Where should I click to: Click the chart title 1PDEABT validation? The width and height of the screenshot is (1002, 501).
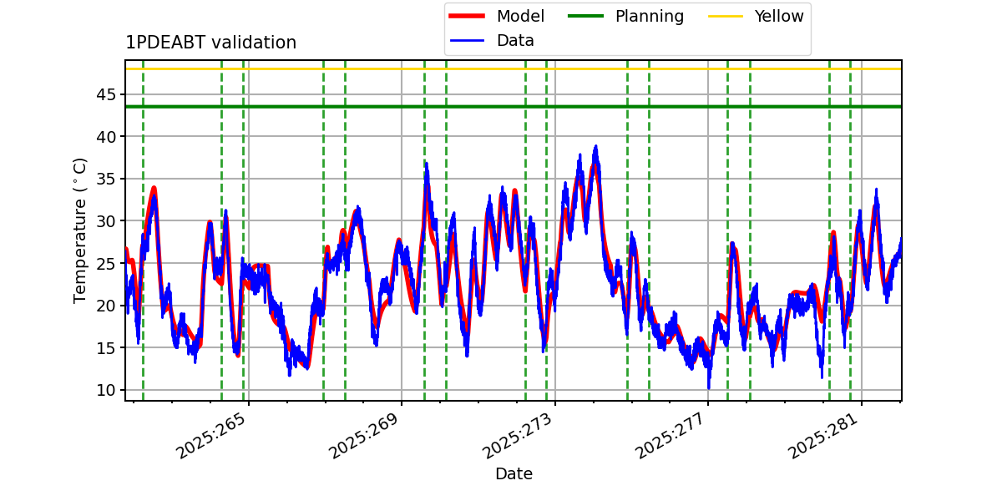tap(210, 43)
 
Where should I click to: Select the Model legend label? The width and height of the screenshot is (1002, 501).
tap(520, 16)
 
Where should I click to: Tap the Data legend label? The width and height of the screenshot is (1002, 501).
tap(515, 41)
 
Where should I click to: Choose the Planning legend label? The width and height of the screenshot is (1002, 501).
tap(650, 17)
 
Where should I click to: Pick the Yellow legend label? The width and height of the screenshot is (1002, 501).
tap(779, 16)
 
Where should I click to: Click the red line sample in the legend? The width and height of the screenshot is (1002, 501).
tap(467, 16)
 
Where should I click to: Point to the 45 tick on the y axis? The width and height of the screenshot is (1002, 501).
tap(105, 95)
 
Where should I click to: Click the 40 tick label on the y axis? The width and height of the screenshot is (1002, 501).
tap(105, 137)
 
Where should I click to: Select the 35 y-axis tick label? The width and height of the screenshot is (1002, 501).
tap(105, 179)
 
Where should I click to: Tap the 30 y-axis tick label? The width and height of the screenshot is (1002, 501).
tap(105, 221)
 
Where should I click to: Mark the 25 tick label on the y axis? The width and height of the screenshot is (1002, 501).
tap(105, 264)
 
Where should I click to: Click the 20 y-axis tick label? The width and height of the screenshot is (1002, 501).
tap(105, 306)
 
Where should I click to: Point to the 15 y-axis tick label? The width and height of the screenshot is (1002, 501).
tap(105, 347)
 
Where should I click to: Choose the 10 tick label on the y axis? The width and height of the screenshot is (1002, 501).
tap(105, 390)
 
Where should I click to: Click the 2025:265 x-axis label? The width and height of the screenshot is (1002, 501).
tap(211, 436)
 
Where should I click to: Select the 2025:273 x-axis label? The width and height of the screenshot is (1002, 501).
tap(518, 436)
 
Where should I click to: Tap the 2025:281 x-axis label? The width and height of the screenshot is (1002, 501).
tap(824, 436)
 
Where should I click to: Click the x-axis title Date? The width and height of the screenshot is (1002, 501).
tap(514, 473)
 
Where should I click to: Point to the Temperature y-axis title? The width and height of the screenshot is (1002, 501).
tap(79, 230)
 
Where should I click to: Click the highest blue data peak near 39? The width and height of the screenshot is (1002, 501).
tap(595, 147)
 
